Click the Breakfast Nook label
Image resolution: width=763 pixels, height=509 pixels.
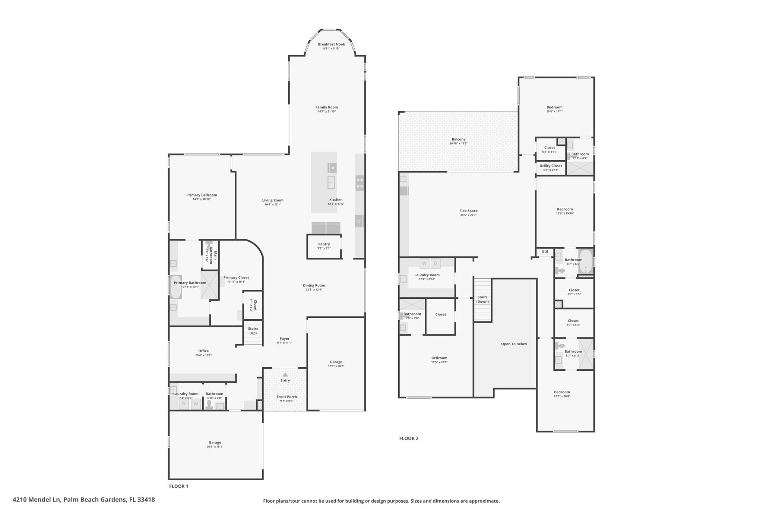(x=331, y=44)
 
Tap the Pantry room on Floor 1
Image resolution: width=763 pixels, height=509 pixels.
(x=324, y=246)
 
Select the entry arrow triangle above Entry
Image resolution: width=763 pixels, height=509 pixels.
(x=285, y=374)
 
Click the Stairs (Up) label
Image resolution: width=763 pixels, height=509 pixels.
(x=253, y=331)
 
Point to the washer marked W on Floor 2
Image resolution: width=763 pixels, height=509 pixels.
(x=424, y=263)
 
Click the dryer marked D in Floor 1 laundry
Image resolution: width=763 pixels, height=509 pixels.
(x=184, y=404)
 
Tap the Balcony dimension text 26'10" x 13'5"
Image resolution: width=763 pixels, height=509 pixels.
(x=458, y=144)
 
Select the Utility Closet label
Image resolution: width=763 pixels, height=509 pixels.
(x=551, y=166)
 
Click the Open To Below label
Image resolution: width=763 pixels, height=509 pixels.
(x=514, y=344)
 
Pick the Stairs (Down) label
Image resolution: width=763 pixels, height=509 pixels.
(x=482, y=299)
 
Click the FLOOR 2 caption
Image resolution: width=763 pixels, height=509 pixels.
(x=409, y=439)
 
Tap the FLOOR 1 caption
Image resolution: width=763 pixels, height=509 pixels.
(x=179, y=486)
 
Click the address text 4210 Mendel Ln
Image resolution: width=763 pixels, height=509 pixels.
(x=37, y=500)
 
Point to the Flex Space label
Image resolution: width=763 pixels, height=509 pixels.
(x=468, y=211)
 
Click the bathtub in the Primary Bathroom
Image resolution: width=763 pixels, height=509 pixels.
(x=176, y=287)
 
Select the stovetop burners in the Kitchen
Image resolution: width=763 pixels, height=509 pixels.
(x=360, y=183)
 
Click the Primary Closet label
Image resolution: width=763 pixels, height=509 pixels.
(x=236, y=277)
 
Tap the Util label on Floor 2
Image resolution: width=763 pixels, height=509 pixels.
(x=545, y=252)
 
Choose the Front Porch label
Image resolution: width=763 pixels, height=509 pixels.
(x=286, y=397)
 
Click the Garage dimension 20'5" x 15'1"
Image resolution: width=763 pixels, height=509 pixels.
(x=215, y=447)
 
